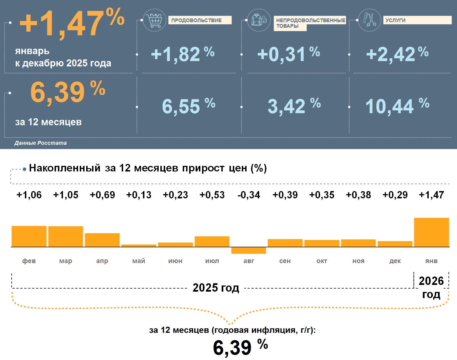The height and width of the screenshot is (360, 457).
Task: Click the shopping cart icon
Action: pyautogui.click(x=154, y=20)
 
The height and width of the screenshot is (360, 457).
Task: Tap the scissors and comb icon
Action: pyautogui.click(x=369, y=20)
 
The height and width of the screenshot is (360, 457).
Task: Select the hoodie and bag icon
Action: pyautogui.click(x=259, y=20)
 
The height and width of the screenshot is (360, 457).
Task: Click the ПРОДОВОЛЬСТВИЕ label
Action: pyautogui.click(x=196, y=20)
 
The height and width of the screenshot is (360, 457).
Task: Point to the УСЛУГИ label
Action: pyautogui.click(x=395, y=20)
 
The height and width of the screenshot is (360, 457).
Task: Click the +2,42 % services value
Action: pyautogui.click(x=397, y=54)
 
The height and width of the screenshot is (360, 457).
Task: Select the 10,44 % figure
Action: pyautogui.click(x=397, y=106)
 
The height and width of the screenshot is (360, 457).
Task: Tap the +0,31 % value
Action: pyautogui.click(x=288, y=54)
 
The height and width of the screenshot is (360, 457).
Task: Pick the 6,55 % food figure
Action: pyautogui.click(x=188, y=106)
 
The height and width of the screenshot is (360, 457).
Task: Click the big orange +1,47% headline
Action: pyautogui.click(x=72, y=23)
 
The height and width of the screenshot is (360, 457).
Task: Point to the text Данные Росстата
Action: pyautogui.click(x=41, y=143)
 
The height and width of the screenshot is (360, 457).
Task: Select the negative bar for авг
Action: pyautogui.click(x=249, y=250)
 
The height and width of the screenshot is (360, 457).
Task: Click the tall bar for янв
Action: pyautogui.click(x=431, y=232)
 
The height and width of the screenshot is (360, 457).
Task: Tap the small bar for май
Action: pyautogui.click(x=139, y=246)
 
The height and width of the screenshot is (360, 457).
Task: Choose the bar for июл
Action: pyautogui.click(x=212, y=241)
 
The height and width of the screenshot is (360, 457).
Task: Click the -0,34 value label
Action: pyautogui.click(x=249, y=195)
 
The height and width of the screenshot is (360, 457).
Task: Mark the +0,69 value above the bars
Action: pyautogui.click(x=102, y=195)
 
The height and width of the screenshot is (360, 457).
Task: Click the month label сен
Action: pyautogui.click(x=285, y=261)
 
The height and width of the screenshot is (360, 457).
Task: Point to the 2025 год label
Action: pyautogui.click(x=216, y=288)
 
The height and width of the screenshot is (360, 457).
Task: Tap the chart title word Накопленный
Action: pyautogui.click(x=65, y=168)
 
